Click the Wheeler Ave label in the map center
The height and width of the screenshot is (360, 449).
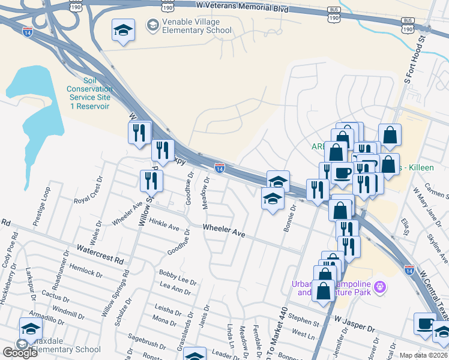(x=224, y=229)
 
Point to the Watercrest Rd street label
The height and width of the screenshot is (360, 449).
(x=100, y=254)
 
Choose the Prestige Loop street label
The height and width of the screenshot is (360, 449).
(x=44, y=205)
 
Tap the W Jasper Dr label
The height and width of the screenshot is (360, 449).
(x=354, y=325)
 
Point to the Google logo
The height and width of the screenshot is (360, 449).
(x=20, y=353)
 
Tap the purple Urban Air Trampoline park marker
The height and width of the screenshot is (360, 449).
(x=379, y=287)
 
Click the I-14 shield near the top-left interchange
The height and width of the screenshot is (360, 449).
(x=27, y=31)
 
